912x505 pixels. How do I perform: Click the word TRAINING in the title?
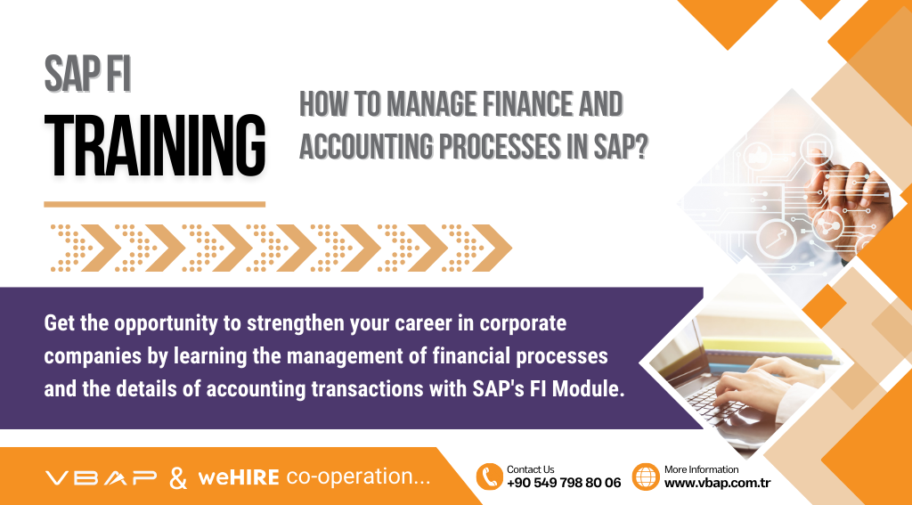point(155,145)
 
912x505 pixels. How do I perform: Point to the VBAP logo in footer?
point(101,477)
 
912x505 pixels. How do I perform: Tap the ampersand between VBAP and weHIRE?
point(178,478)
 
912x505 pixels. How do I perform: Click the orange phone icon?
point(489,476)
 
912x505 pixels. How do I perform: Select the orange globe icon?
point(646,476)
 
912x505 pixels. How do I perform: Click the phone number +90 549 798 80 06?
point(564,484)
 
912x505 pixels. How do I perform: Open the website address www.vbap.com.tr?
point(717,484)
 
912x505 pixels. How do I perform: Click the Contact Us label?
point(531,469)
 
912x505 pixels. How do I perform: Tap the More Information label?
point(702,469)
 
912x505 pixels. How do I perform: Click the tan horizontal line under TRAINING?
point(155,204)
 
